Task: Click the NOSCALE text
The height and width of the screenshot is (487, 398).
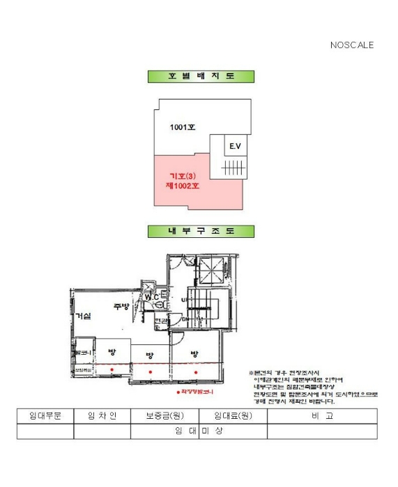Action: point(352,45)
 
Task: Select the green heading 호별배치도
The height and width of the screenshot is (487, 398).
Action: point(201,77)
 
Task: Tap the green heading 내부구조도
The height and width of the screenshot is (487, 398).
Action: point(201,231)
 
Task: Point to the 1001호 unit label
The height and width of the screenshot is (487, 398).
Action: point(183,127)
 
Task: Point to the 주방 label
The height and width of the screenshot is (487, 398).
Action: point(121,307)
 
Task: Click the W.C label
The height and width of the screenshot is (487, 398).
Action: point(152,297)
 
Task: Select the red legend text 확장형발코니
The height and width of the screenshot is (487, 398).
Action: point(196,392)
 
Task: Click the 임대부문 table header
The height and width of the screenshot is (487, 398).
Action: point(45,416)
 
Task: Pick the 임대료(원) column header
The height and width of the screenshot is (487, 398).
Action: point(233,416)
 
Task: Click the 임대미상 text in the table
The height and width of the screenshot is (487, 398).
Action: point(199,431)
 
